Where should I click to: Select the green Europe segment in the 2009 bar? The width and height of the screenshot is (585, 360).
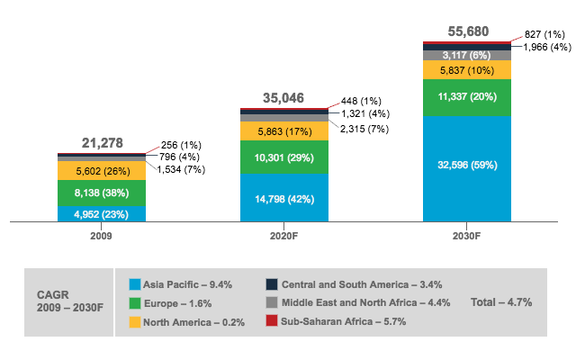pyautogui.click(x=102, y=193)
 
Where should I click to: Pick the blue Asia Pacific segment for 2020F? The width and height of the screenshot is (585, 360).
pyautogui.click(x=284, y=197)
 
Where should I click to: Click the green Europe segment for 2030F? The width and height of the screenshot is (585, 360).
pyautogui.click(x=467, y=97)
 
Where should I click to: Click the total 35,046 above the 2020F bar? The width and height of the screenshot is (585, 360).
pyautogui.click(x=284, y=98)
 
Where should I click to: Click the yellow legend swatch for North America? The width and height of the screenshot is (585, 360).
pyautogui.click(x=136, y=322)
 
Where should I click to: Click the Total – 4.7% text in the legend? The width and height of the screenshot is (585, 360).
pyautogui.click(x=501, y=303)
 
